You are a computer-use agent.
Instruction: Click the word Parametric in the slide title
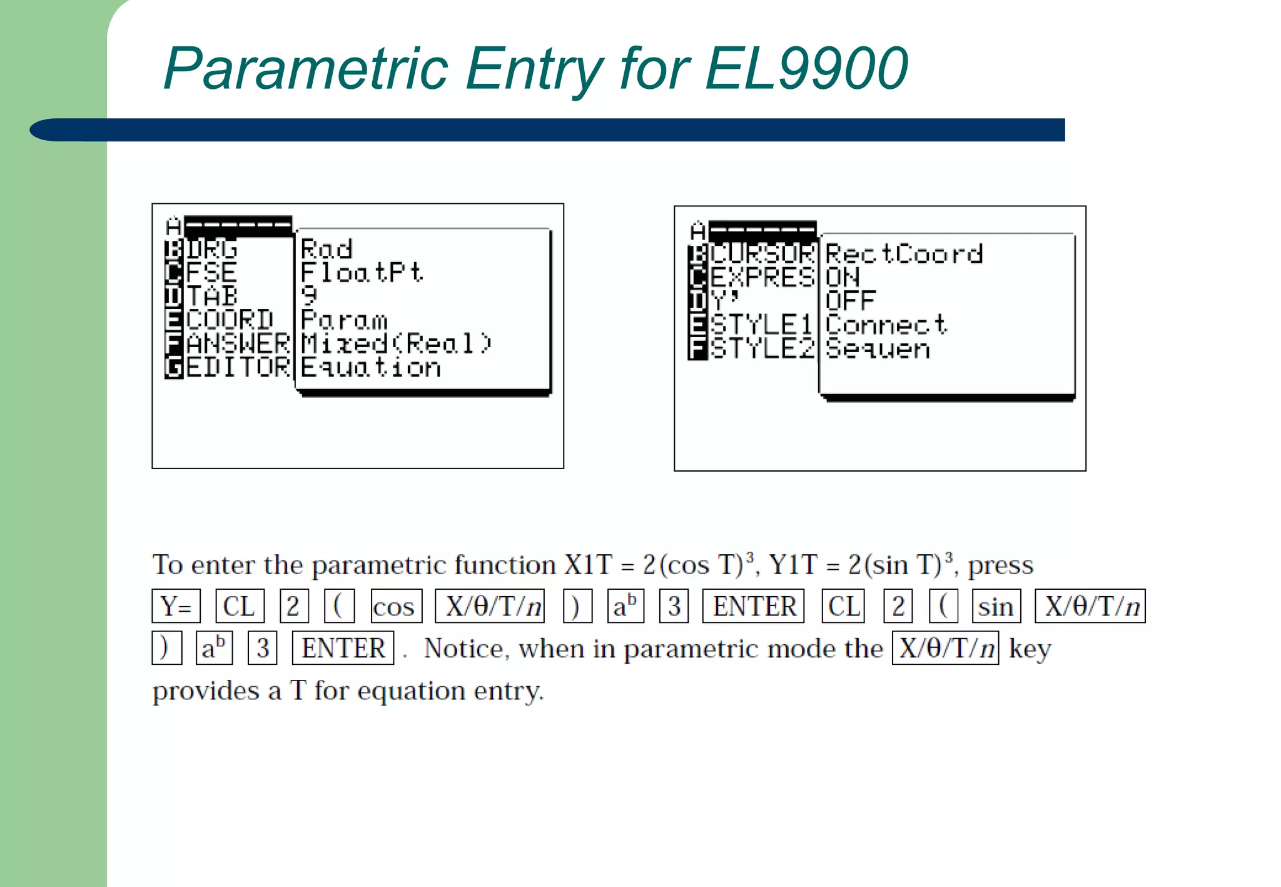click(x=306, y=69)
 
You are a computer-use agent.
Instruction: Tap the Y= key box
click(x=176, y=606)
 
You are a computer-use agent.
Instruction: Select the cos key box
click(x=396, y=606)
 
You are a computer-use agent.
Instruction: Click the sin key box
click(x=996, y=606)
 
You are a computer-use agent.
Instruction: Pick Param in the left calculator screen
click(x=344, y=320)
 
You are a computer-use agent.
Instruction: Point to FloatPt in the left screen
click(x=362, y=273)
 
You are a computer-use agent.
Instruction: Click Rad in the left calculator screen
click(x=327, y=249)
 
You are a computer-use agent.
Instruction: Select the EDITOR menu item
click(x=238, y=367)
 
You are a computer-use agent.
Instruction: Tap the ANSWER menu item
click(x=238, y=343)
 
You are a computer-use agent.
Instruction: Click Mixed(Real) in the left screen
click(x=396, y=343)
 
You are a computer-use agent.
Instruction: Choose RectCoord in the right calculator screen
click(x=904, y=254)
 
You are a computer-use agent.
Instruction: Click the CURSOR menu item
click(x=763, y=254)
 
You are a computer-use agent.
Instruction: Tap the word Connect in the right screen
click(x=886, y=325)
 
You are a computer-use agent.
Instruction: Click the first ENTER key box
click(x=754, y=606)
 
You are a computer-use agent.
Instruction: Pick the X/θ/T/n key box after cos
click(x=490, y=606)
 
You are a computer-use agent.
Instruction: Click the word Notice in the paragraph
click(x=463, y=649)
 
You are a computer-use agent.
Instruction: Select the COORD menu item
click(x=230, y=320)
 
